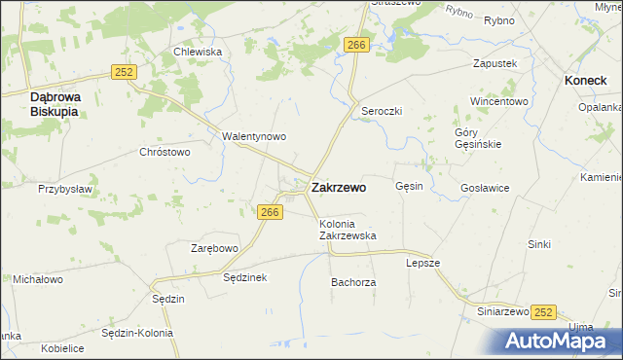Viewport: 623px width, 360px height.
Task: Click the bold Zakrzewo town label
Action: [339, 188]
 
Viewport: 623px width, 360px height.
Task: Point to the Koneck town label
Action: [587, 83]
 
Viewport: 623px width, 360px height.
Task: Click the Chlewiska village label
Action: [198, 53]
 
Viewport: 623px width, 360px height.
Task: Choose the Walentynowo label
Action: [253, 136]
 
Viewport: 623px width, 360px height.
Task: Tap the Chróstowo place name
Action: [165, 152]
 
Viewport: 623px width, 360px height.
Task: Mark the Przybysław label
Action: [64, 189]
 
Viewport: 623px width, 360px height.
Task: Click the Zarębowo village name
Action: [214, 248]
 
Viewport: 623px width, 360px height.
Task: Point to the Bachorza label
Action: [353, 282]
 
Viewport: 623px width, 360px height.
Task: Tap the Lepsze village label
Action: [423, 263]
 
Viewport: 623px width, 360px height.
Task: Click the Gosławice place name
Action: [485, 188]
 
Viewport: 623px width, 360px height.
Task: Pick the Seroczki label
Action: [382, 111]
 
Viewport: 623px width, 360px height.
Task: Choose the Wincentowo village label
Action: [498, 101]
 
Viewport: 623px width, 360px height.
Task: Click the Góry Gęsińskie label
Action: [478, 138]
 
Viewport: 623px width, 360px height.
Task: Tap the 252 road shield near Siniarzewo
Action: [543, 311]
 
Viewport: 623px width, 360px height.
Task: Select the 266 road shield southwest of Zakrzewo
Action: [271, 212]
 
